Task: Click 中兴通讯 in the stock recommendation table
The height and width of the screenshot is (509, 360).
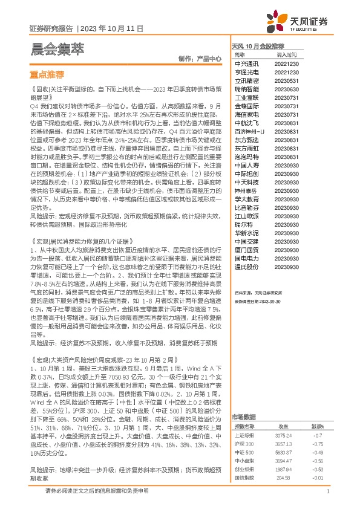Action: point(247,63)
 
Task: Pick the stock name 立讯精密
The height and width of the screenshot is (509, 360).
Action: point(247,80)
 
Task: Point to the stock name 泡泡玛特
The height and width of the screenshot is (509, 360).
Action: point(247,156)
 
